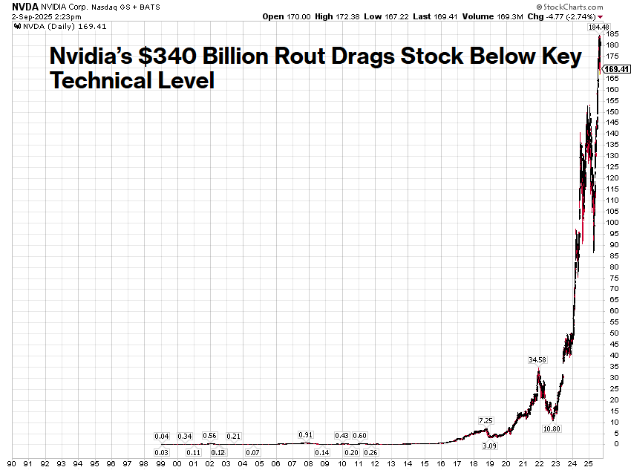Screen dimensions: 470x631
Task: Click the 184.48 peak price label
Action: click(598, 27)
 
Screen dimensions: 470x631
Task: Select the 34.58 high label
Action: click(537, 360)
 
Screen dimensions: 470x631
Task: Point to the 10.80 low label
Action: click(552, 429)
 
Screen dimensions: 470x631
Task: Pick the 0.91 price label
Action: click(305, 434)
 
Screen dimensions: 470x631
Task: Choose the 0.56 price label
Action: click(209, 436)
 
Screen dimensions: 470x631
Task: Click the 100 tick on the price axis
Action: click(612, 222)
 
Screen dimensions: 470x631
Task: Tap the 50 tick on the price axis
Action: click(612, 333)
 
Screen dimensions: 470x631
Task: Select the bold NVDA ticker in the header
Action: click(16, 6)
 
